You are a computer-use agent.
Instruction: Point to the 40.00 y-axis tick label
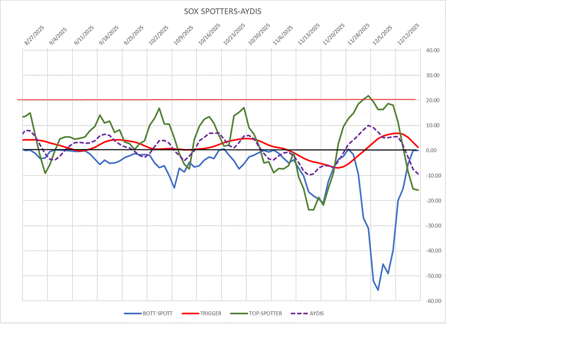point(433,50)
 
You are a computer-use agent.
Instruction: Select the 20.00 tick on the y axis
point(433,101)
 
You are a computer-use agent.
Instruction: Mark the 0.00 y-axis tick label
point(432,150)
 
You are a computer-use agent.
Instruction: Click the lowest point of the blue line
point(378,290)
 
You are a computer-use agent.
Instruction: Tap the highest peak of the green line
point(368,96)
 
